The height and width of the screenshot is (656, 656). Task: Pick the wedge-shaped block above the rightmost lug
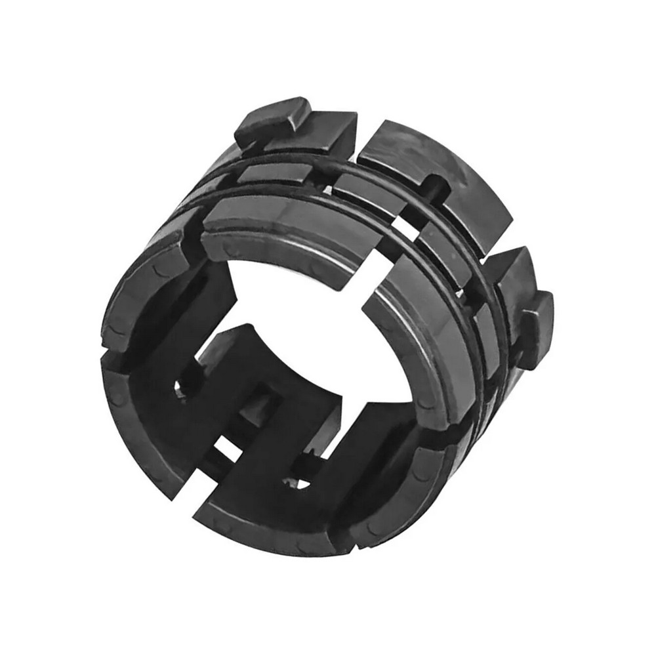click(x=515, y=276)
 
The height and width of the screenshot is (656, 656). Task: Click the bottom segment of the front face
click(x=276, y=518)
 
